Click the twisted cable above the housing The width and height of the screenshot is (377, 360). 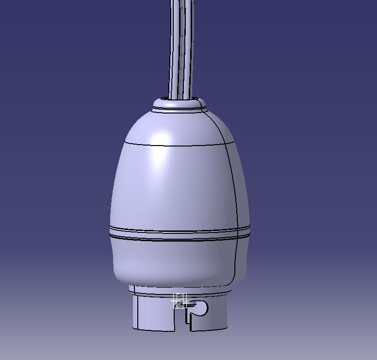click(181, 49)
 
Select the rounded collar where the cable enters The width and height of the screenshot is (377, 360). click(180, 104)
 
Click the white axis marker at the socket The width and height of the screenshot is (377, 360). click(180, 301)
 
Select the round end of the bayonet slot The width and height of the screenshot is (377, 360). click(201, 307)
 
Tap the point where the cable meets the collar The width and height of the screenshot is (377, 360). click(180, 98)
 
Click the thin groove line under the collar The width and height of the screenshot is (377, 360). click(180, 110)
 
